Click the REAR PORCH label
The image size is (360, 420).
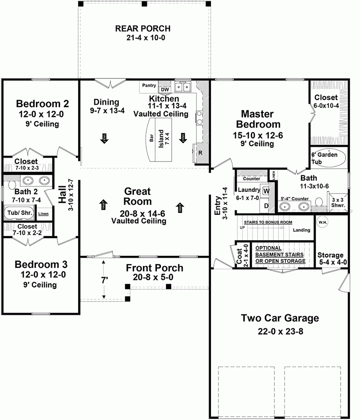click(x=143, y=29)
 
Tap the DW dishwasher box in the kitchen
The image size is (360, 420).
click(x=165, y=89)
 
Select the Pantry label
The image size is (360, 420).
click(x=149, y=85)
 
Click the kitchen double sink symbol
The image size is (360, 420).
click(x=183, y=87)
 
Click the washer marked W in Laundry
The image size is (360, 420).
click(x=266, y=191)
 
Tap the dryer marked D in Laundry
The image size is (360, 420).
click(x=266, y=206)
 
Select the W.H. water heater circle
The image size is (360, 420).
click(x=323, y=222)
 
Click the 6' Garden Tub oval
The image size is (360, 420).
click(x=328, y=158)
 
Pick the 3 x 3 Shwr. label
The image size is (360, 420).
click(x=338, y=202)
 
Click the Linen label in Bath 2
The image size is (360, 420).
click(x=43, y=214)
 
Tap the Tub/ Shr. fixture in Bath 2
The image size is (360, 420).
click(x=19, y=213)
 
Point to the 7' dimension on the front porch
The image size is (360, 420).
click(x=104, y=280)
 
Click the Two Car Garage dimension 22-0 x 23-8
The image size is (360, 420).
click(x=280, y=331)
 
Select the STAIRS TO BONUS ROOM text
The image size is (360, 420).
click(x=268, y=222)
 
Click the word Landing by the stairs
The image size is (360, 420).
click(x=301, y=230)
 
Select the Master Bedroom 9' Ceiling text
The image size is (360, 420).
click(x=257, y=144)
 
